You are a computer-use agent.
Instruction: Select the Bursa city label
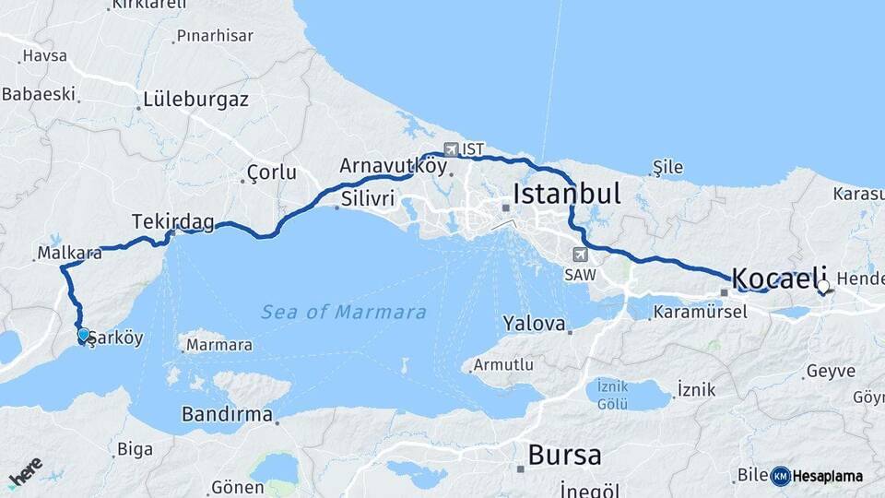[x=564, y=456]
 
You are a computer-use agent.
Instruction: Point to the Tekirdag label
[x=172, y=222]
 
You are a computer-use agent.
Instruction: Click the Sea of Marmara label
[x=343, y=313]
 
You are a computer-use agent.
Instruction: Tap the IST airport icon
[x=451, y=149]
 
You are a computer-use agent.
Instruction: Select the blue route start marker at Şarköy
[x=84, y=335]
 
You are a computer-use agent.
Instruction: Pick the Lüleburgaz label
[x=195, y=100]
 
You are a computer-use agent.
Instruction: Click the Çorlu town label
[x=272, y=172]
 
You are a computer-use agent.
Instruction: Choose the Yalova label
[x=533, y=324]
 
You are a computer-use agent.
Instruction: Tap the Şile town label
[x=667, y=167]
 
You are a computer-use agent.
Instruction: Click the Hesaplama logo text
[x=827, y=476]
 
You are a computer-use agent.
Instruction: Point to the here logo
[x=26, y=473]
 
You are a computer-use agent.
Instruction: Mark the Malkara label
[x=70, y=252]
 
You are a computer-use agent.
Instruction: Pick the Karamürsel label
[x=700, y=313]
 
